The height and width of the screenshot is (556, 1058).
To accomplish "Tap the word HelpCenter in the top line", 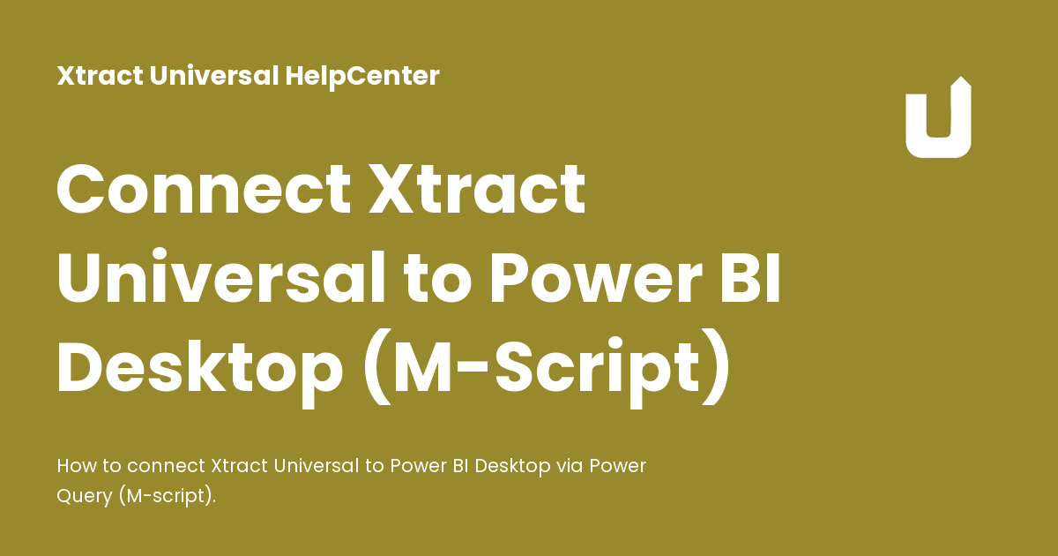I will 362,76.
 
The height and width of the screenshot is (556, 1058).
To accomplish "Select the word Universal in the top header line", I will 214,76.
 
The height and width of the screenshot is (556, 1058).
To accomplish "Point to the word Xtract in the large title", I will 477,190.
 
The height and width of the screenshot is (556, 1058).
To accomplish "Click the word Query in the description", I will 83,496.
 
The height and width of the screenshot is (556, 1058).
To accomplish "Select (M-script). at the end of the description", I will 165,496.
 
